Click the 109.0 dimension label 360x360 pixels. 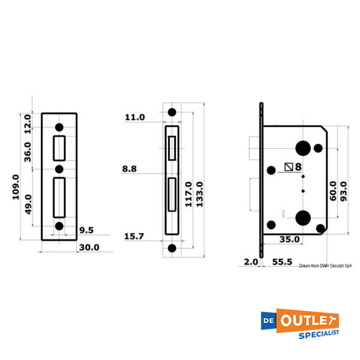click(x=16, y=187)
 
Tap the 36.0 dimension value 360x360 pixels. click(x=27, y=151)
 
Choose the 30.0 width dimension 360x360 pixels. click(x=88, y=247)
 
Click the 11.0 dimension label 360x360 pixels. click(x=134, y=118)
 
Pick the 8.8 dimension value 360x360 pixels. click(x=130, y=169)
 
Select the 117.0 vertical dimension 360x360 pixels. click(x=188, y=194)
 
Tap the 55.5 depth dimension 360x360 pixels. click(x=282, y=262)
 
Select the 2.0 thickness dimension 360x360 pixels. click(x=250, y=262)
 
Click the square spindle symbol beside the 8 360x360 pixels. click(x=289, y=167)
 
